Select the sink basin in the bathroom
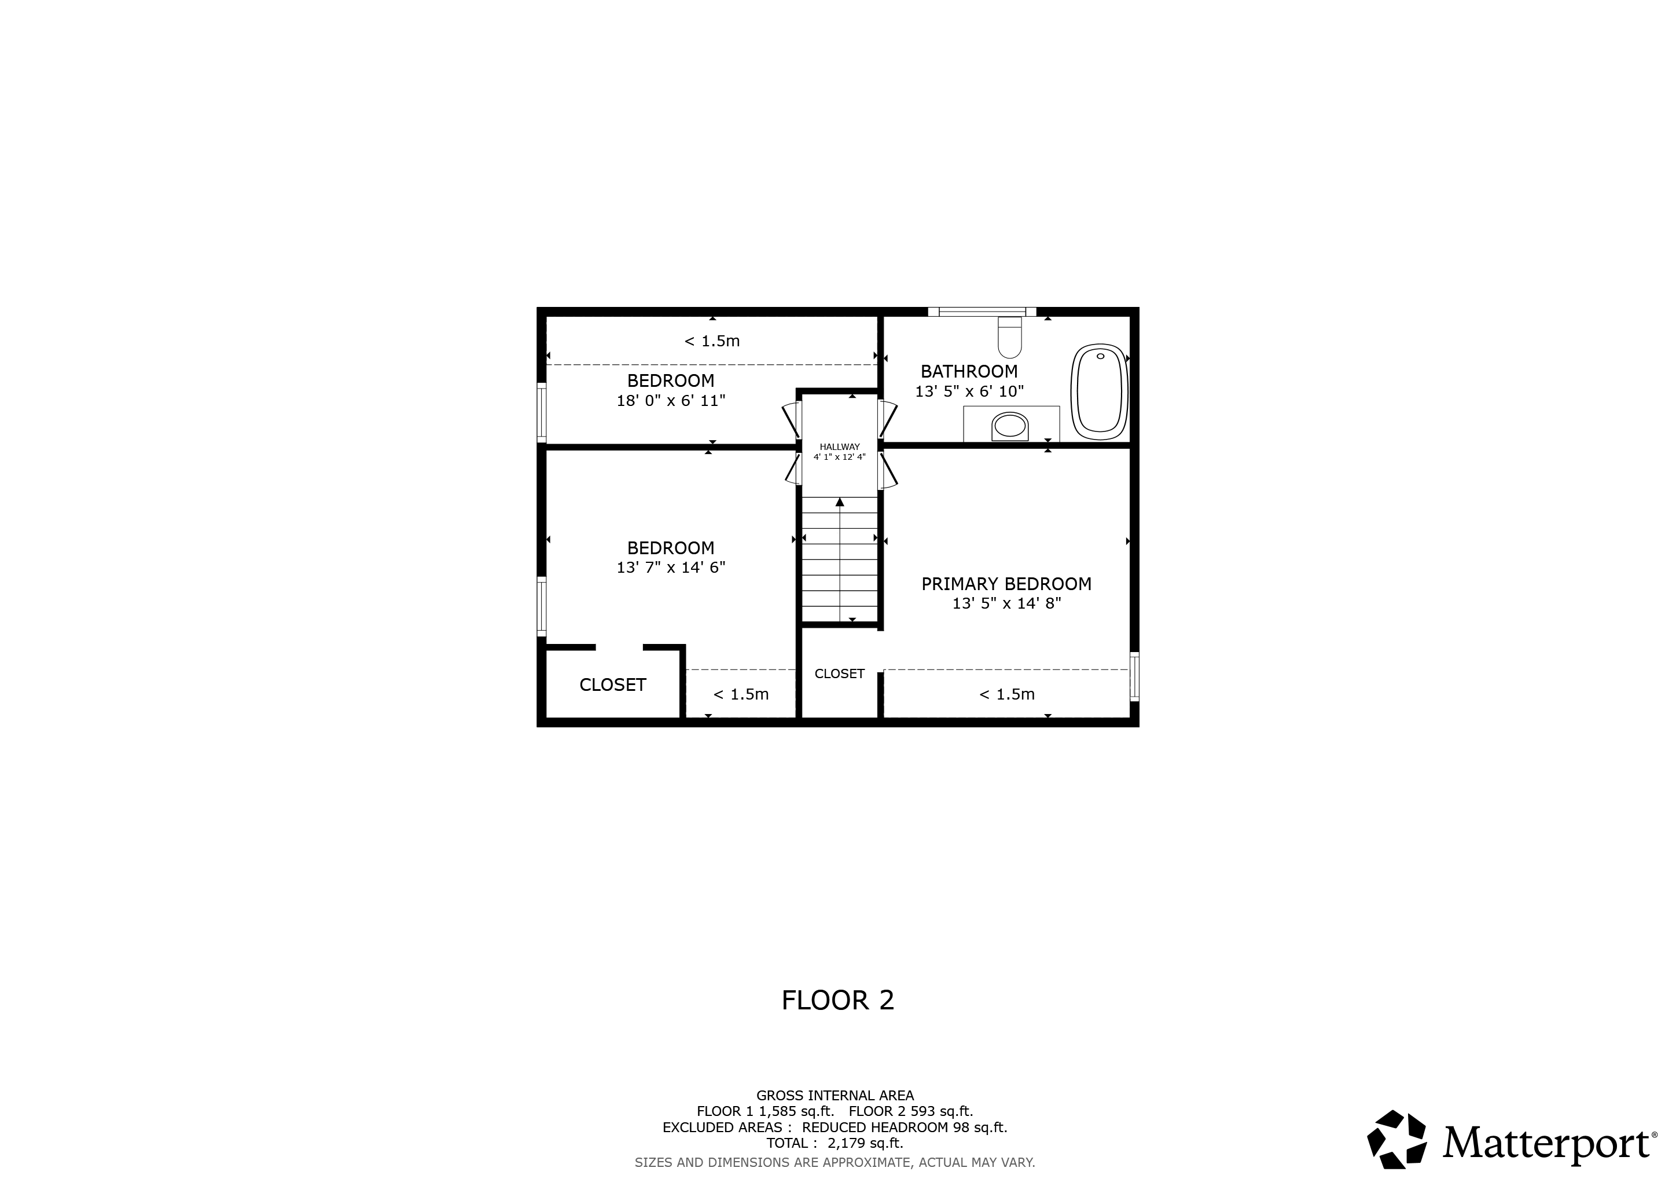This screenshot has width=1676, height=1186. point(1010,425)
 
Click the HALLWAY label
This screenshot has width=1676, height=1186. point(840,447)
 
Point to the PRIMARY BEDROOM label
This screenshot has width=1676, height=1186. point(1006,584)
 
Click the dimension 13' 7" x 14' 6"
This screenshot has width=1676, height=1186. point(671,568)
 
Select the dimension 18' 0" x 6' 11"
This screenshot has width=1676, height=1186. point(671,400)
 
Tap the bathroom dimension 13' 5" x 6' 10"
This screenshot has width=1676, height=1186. point(969,391)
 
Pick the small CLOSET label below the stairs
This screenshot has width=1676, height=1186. point(840,673)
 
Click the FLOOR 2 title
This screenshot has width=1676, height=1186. point(838,1000)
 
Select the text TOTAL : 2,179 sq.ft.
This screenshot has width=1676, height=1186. point(835,1143)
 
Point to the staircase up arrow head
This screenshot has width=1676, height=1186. point(840,502)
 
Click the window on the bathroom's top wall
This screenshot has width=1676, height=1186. point(982,312)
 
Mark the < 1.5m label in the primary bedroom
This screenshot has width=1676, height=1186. point(1006,694)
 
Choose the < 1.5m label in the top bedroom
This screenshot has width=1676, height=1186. point(712,341)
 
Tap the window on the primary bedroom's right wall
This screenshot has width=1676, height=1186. point(1134,676)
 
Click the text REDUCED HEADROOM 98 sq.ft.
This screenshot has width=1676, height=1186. point(905,1127)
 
